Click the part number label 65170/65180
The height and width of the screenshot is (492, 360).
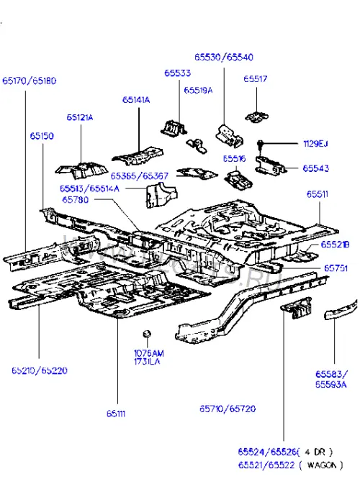[30, 81]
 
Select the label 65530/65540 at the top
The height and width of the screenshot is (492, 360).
[224, 57]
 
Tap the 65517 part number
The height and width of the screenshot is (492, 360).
[256, 78]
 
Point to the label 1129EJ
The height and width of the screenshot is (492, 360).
[315, 144]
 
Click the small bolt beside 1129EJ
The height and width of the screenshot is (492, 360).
[260, 145]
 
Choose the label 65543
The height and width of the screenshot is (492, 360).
[315, 168]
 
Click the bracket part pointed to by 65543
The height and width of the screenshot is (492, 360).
[270, 165]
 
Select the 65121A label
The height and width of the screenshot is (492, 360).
[80, 118]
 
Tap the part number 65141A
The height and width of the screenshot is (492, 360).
[136, 100]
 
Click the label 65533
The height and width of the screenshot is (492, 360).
[178, 73]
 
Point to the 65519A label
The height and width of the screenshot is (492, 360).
[198, 91]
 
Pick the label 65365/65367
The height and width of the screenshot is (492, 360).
[140, 176]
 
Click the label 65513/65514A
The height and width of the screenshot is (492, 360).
[89, 188]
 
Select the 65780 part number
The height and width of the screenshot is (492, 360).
[76, 200]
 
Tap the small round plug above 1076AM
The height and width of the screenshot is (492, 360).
[147, 334]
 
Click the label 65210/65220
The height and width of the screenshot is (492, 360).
[40, 370]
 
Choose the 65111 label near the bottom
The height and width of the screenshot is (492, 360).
[116, 414]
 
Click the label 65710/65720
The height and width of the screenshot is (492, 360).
[228, 409]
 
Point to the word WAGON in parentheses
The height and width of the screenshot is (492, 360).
[320, 465]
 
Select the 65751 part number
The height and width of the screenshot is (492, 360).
[336, 268]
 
